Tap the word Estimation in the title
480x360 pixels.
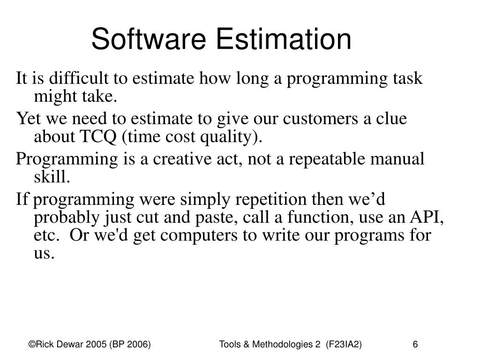(287, 39)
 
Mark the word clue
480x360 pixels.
(390, 119)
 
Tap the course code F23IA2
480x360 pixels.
(345, 345)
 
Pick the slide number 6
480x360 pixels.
(415, 345)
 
